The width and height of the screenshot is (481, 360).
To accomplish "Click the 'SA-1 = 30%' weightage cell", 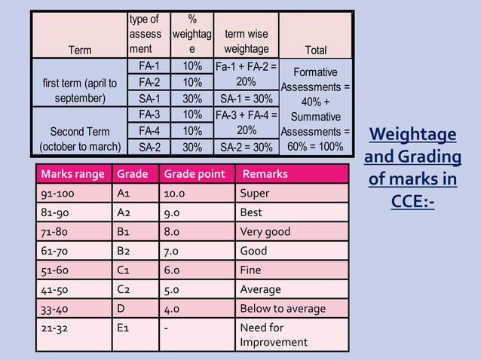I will tap(246, 98).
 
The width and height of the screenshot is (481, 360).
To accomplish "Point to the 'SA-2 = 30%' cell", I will tap(246, 146).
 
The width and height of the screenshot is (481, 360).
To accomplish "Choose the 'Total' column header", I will tap(315, 50).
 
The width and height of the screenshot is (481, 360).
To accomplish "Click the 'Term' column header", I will tap(80, 50).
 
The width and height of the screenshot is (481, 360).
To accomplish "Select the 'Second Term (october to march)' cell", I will tap(80, 139).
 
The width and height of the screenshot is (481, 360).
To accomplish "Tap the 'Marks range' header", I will tap(73, 174).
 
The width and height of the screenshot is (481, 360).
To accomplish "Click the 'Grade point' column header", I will tap(195, 174).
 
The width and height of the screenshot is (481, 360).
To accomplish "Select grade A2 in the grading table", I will tap(124, 212).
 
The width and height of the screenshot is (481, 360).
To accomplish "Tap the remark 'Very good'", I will tap(265, 231).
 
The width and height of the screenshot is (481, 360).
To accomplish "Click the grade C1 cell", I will tap(124, 270).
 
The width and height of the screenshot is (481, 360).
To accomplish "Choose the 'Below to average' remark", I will tap(283, 308).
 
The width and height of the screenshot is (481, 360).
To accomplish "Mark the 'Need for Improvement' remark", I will tap(273, 334).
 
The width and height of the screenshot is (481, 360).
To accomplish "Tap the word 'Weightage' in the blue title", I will tap(412, 135).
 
